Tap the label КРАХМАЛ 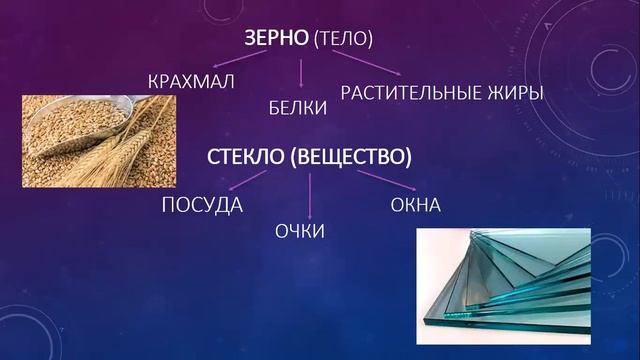[189, 81]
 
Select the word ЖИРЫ [519, 93]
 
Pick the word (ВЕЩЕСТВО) [347, 157]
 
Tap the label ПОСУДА [202, 206]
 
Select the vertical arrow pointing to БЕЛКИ [302, 74]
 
